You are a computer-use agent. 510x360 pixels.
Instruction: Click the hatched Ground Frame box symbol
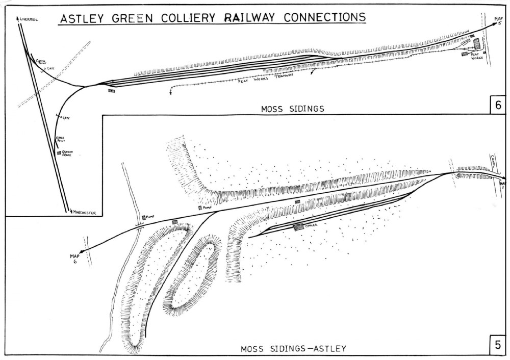pos(60,152)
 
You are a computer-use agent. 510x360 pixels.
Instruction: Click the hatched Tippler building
pos(298,226)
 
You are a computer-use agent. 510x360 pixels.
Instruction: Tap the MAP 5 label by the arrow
pos(499,21)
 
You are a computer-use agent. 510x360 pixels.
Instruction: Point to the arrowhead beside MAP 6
pos(82,249)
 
